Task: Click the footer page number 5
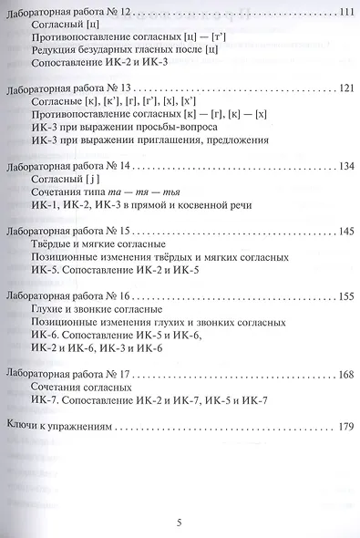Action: point(180,522)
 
